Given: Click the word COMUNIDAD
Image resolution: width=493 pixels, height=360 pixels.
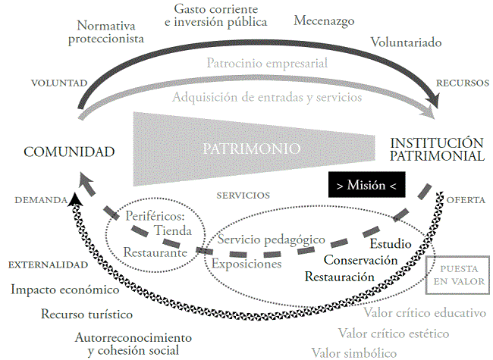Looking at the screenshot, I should pos(69,152).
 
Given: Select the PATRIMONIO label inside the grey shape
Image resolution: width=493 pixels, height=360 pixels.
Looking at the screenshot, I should pos(253,149).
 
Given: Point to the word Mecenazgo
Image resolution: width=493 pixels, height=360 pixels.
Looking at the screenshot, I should pos(324,21).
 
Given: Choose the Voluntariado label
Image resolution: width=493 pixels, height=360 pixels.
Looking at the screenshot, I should pos(406,42).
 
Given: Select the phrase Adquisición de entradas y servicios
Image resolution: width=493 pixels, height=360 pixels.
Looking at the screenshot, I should pos(266,97).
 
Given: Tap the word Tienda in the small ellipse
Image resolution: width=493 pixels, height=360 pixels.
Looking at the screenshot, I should pos(172,230).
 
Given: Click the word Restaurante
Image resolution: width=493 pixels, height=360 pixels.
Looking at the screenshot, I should pos(155,252).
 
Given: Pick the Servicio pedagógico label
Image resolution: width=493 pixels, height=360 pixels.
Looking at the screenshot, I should pos(272,239).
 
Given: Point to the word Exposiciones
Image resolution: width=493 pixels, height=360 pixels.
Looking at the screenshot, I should pos(247,265).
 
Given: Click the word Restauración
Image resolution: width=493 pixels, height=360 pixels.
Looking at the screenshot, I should pos(340,277).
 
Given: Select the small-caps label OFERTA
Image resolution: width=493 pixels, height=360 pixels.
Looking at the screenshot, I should pos(466,199).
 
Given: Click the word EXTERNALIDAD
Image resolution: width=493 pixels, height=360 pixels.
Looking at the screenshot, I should pos(46,266).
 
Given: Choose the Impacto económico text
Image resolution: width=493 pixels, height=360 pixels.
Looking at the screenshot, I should pos(65,290).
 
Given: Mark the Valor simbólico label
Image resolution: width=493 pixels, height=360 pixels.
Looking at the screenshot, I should pos(354,352).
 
